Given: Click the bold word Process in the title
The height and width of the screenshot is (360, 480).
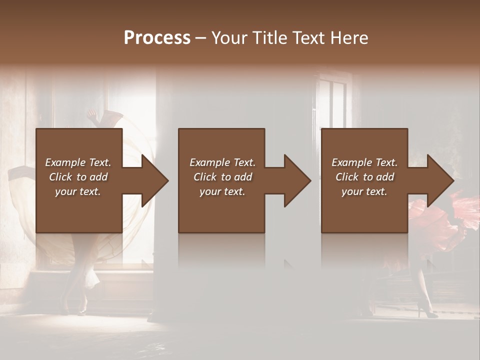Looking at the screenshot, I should (x=157, y=38).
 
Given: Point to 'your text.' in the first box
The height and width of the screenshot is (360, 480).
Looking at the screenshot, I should (x=78, y=191).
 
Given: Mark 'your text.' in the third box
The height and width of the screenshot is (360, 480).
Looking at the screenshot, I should (x=364, y=191).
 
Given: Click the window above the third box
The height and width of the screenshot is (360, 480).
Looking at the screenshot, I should (x=332, y=100).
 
